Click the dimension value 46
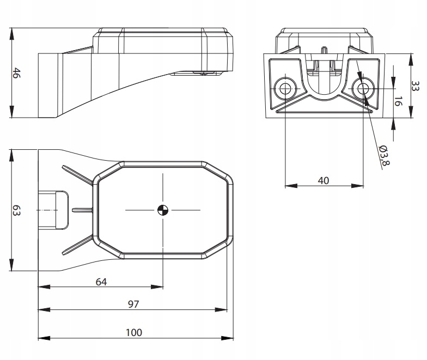click(x=16, y=73)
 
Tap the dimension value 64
click(x=101, y=282)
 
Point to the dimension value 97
click(x=133, y=304)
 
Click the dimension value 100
click(x=134, y=332)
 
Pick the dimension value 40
click(x=324, y=181)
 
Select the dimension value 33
click(x=415, y=86)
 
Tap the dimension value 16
click(x=398, y=101)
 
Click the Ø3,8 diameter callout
click(x=385, y=155)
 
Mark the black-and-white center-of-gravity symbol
click(x=163, y=210)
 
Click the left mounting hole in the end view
click(x=285, y=88)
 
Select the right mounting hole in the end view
click(x=363, y=88)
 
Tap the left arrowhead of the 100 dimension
click(x=44, y=338)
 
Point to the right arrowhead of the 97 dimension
click(x=221, y=309)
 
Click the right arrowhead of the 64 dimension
click(x=157, y=286)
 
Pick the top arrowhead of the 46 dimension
click(x=11, y=34)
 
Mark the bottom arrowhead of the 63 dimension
click(x=11, y=265)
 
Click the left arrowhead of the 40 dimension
click(x=291, y=186)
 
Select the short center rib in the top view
click(x=83, y=210)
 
